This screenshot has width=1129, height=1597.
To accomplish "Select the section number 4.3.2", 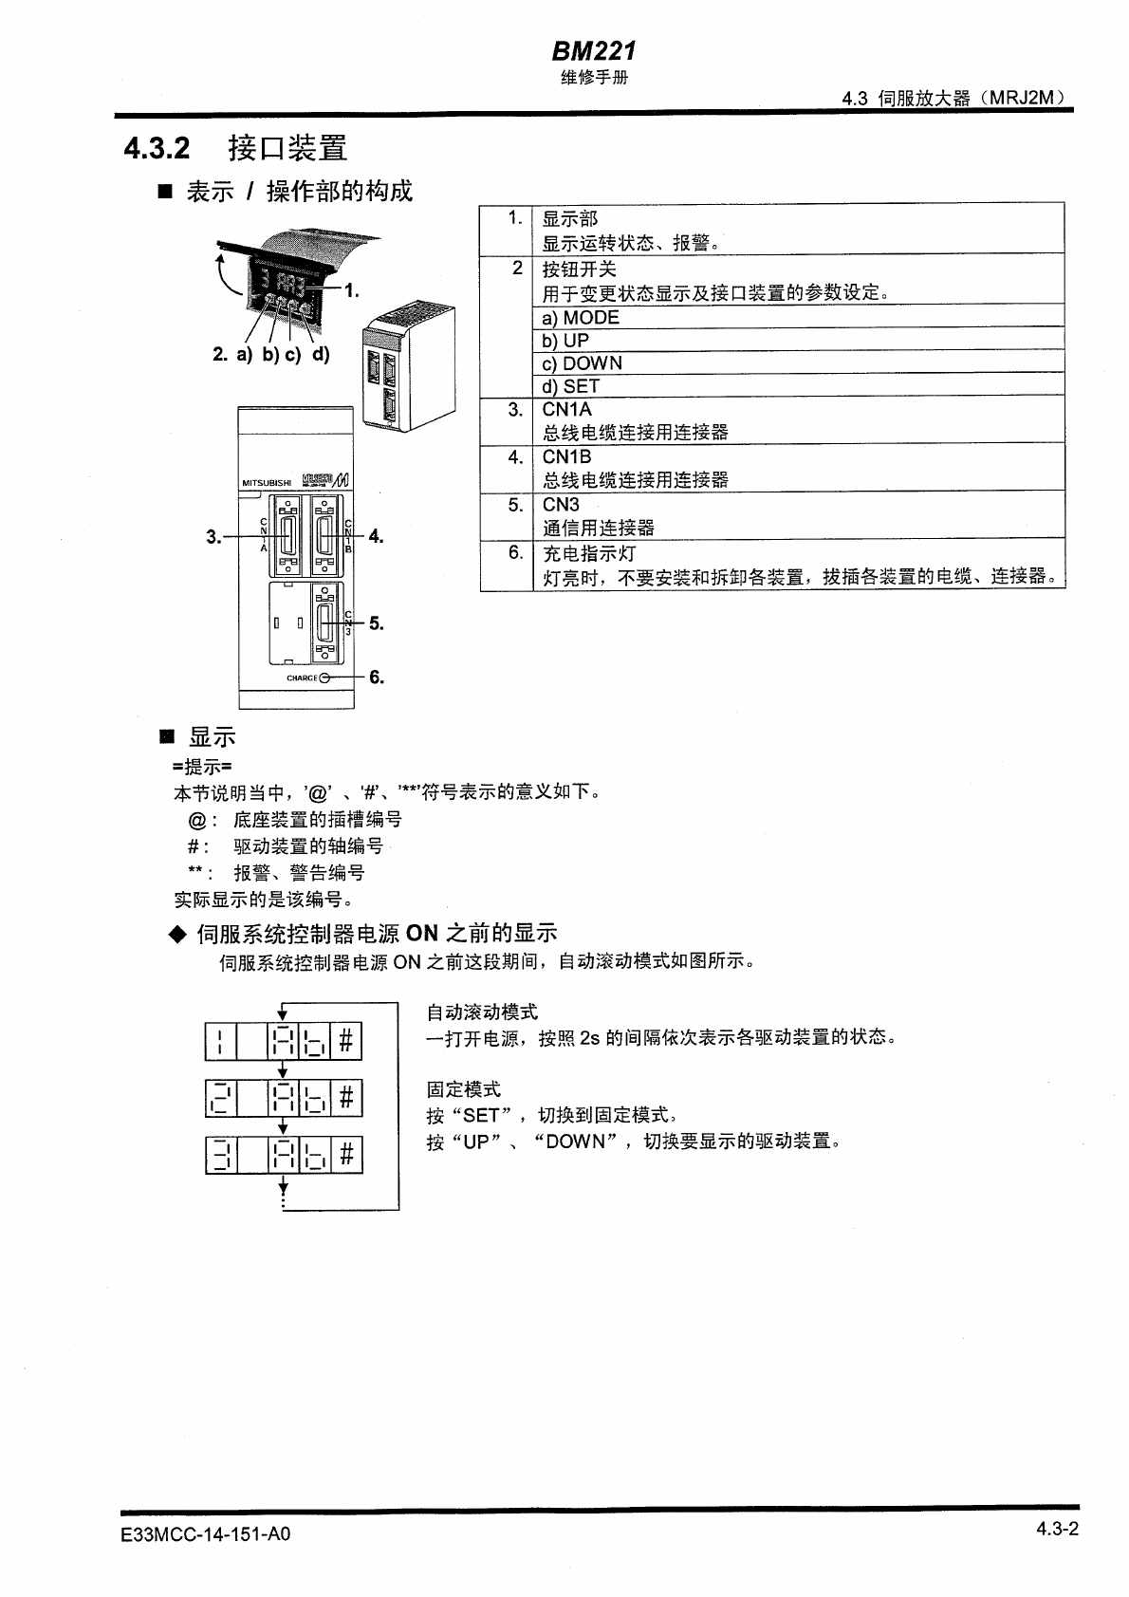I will [157, 148].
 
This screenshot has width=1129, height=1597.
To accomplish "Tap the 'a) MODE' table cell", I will [581, 318].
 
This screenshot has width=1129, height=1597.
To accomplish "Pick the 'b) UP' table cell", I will [565, 341].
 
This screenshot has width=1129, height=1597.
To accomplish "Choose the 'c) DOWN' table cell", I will [582, 363].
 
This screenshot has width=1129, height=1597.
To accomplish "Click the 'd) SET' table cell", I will [570, 386].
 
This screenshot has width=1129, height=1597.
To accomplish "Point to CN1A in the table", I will [566, 409].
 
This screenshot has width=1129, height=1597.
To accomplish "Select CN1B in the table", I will [566, 456].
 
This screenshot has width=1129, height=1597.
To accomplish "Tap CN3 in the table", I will [561, 504].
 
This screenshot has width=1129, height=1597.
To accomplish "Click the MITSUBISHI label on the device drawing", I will [268, 483].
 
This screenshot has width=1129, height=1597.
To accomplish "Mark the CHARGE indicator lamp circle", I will [325, 678].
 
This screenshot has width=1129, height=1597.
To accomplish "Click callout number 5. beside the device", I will [377, 623].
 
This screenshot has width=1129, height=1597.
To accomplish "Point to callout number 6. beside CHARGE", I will [377, 677].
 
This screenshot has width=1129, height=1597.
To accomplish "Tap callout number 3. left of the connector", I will [213, 536].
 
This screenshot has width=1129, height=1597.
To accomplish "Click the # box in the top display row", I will [346, 1041].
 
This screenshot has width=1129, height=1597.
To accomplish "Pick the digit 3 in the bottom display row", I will [220, 1155].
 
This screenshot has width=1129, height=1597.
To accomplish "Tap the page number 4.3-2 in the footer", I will [1058, 1529].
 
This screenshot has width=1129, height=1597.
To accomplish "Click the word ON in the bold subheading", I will [421, 933].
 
